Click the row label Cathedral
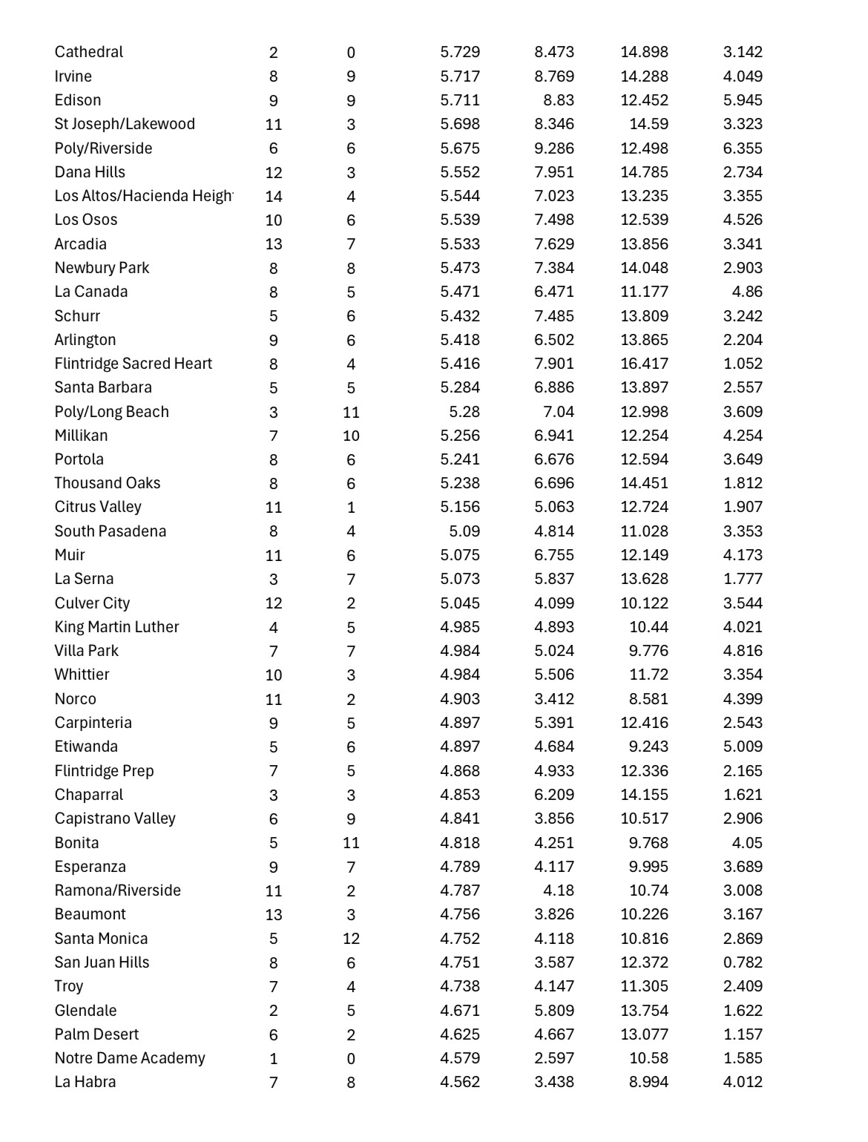(x=89, y=52)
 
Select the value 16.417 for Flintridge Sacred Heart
(x=644, y=364)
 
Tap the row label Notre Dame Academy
(x=130, y=1058)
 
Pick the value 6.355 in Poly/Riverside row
(x=743, y=148)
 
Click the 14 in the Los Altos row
(x=274, y=197)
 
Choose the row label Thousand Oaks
(x=108, y=483)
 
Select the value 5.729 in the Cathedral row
(x=460, y=52)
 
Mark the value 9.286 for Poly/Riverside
(x=554, y=148)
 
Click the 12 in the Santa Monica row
(x=351, y=939)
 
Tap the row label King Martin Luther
(x=117, y=627)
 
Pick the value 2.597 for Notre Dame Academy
(x=554, y=1058)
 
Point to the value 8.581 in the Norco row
(x=648, y=699)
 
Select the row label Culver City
(x=92, y=603)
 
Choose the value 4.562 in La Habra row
(x=460, y=1082)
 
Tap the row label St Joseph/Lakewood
(x=125, y=124)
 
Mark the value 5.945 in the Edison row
(x=743, y=100)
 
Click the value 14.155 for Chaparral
(x=644, y=795)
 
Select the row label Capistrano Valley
(x=115, y=818)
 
